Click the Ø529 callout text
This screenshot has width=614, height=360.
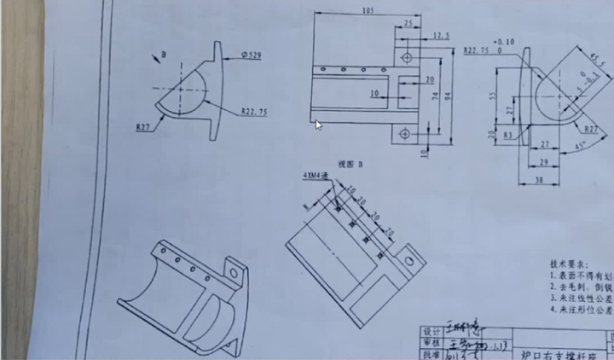point(252,54)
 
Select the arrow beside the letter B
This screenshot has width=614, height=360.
point(155,56)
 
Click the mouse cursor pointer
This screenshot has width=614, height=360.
point(319,125)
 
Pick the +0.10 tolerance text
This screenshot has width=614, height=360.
point(503,41)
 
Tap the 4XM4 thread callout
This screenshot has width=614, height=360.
point(313,175)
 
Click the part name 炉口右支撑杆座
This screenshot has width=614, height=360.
point(538,351)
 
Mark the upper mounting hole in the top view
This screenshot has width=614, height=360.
point(408,56)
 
